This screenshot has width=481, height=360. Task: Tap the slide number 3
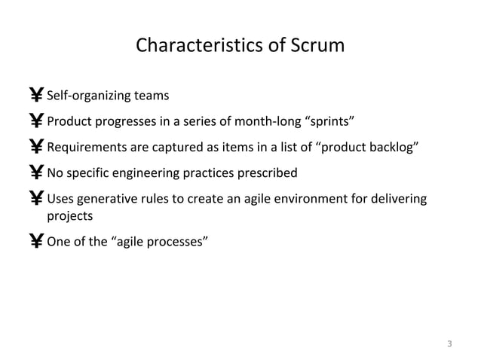[449, 345]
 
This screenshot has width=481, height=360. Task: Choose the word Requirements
[87, 148]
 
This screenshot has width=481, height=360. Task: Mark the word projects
[70, 215]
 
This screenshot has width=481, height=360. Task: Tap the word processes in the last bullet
[174, 242]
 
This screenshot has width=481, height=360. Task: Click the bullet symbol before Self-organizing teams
[36, 96]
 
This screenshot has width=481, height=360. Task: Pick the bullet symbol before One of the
[36, 242]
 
